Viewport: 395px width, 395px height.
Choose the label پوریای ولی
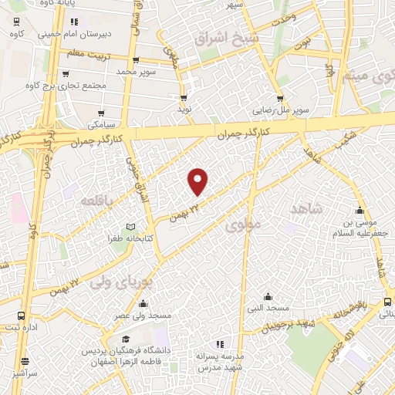click(123, 282)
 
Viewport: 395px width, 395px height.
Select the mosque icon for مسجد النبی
click(268, 296)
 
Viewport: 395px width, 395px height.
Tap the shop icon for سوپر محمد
click(136, 60)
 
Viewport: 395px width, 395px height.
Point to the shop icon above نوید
click(184, 98)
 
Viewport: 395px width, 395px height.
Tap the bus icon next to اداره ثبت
click(21, 316)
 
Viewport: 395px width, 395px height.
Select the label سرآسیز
click(25, 373)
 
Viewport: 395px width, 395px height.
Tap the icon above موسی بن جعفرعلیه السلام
click(358, 210)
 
